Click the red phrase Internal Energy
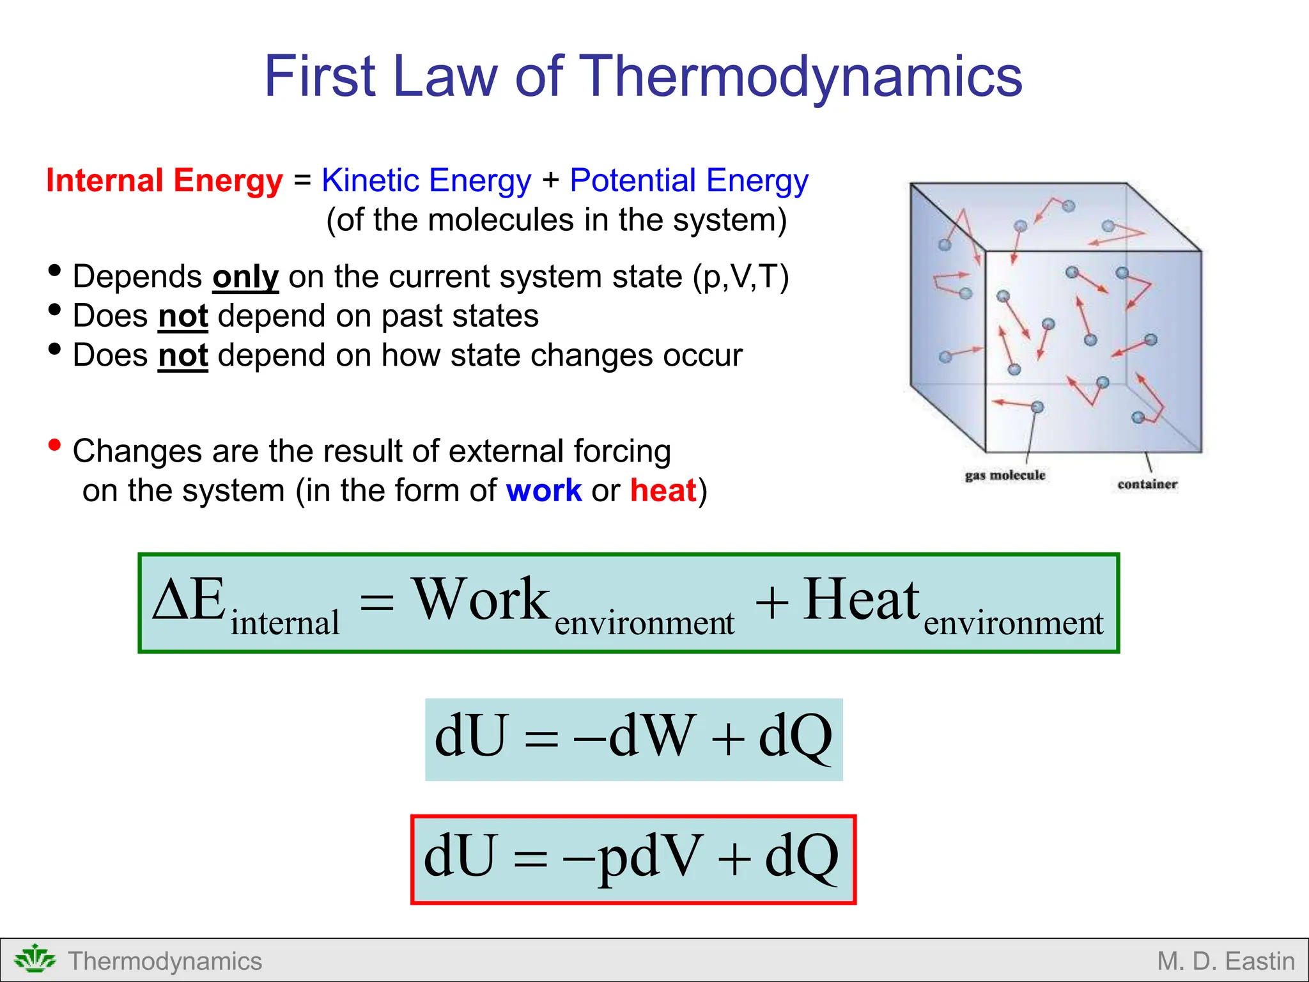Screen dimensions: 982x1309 click(164, 180)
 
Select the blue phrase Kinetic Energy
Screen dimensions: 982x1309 click(426, 180)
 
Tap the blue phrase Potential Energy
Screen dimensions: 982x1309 click(688, 180)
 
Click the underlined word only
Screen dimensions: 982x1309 click(245, 277)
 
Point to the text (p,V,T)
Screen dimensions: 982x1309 click(741, 277)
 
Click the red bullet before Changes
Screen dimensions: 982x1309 click(55, 444)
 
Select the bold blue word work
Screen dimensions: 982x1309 click(543, 490)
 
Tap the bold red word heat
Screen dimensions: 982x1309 click(663, 490)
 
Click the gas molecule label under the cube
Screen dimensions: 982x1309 click(1005, 475)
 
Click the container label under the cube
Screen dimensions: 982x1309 click(1147, 484)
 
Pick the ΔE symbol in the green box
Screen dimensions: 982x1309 click(190, 600)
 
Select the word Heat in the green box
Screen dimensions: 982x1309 click(861, 600)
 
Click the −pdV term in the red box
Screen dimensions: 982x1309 click(633, 857)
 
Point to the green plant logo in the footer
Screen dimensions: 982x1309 click(35, 960)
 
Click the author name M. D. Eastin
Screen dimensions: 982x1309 click(1225, 961)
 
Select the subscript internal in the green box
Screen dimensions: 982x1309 click(284, 623)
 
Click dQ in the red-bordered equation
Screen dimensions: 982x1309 click(802, 857)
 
